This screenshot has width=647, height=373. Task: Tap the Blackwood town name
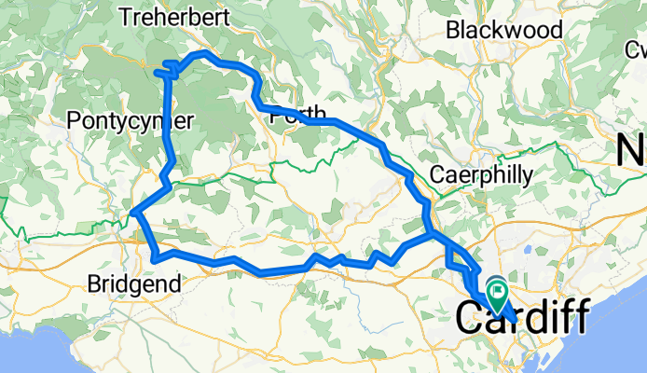[504, 30]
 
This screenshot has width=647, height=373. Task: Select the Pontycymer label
[131, 120]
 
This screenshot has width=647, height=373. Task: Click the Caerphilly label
[482, 174]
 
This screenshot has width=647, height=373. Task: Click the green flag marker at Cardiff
[499, 297]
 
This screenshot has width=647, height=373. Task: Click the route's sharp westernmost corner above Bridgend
[134, 214]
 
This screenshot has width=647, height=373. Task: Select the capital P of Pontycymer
[75, 120]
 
